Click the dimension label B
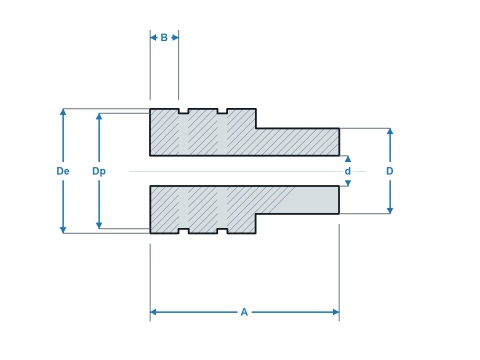coord(164,38)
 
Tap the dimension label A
coord(244,312)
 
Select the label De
coord(63,171)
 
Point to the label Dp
coord(99,171)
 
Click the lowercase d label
coord(348,171)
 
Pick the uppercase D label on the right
coord(390,171)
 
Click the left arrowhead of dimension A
coord(153,312)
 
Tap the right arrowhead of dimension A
coord(336,312)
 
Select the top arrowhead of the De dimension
coord(63,112)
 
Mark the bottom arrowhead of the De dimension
coord(63,230)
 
